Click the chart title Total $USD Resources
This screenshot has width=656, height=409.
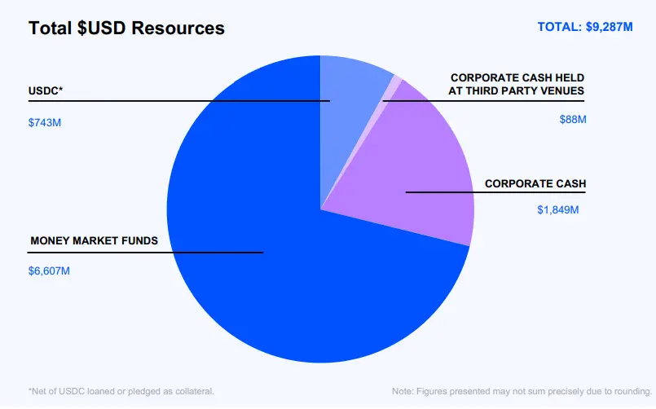coord(126,29)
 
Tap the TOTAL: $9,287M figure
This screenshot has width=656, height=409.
coord(585,27)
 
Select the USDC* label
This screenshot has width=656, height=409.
coord(46,90)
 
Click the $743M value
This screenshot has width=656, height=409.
coord(45,123)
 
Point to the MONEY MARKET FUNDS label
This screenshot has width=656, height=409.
coord(94,241)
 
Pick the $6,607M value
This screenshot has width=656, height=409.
coord(49,270)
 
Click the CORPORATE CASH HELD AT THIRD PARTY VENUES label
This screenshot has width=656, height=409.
coord(517,84)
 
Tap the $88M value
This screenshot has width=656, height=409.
coord(572,120)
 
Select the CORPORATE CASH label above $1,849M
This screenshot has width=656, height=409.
coord(535,184)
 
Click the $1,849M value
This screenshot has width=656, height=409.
coord(558,210)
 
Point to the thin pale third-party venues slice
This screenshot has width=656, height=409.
coord(395,84)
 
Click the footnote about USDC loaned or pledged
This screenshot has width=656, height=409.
coord(121,392)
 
